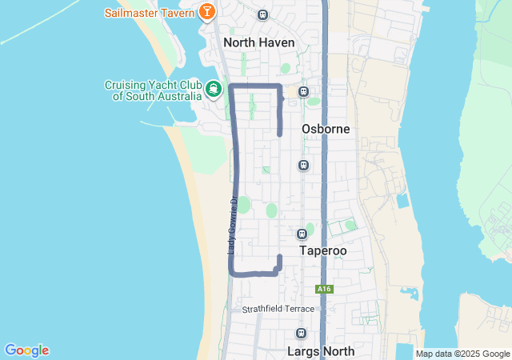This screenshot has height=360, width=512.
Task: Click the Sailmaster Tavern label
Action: click(149, 13)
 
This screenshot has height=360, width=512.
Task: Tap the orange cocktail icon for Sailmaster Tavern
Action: click(207, 12)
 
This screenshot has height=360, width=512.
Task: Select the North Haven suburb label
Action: click(259, 42)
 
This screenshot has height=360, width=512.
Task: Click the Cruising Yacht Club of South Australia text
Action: click(152, 90)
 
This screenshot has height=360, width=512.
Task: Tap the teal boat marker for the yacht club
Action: click(214, 89)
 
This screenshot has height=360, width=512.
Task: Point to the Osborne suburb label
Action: click(326, 129)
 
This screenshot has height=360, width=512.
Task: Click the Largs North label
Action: click(320, 350)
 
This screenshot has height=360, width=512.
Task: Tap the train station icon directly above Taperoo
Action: click(302, 234)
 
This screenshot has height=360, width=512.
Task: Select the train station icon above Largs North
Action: click(301, 334)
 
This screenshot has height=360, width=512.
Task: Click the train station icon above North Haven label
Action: click(263, 14)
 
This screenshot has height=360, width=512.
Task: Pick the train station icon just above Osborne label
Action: click(303, 91)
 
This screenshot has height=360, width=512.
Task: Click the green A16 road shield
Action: click(323, 289)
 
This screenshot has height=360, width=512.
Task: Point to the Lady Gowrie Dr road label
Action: click(232, 226)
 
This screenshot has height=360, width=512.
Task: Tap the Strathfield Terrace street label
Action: click(279, 309)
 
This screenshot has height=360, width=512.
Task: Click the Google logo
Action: click(26, 350)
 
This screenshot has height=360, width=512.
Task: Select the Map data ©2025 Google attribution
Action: click(462, 354)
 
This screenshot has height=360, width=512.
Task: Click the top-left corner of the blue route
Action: click(231, 85)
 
